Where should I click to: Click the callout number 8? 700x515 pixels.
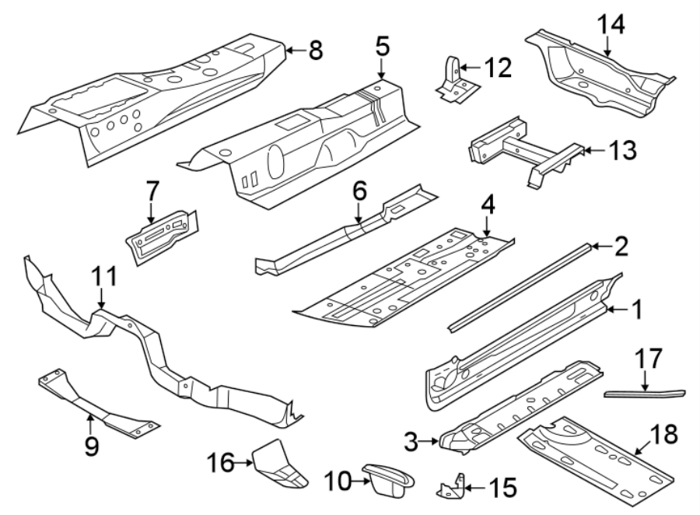click(314, 51)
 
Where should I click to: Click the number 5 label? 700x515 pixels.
click(382, 46)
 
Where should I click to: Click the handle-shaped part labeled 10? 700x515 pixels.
click(387, 479)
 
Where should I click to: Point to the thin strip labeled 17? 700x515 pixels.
click(646, 393)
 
